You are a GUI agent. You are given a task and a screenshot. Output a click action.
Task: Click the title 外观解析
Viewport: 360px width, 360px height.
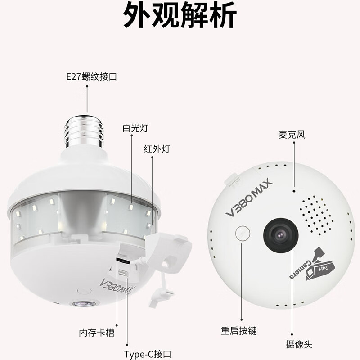[180, 17]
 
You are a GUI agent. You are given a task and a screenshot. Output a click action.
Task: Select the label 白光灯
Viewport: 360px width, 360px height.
[132, 128]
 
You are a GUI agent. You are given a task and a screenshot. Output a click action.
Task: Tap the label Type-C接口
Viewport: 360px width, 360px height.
[147, 354]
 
